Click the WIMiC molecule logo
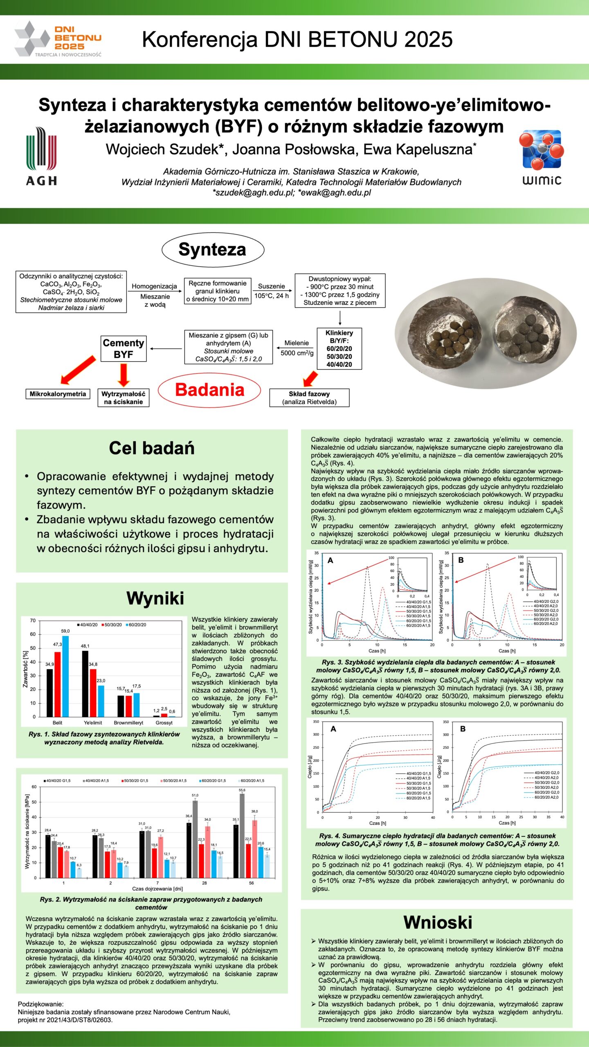coord(542,157)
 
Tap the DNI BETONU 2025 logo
coord(58,39)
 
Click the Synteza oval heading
coord(213,249)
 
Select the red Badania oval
coord(209,390)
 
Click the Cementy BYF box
coord(123,348)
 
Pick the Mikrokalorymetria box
coord(58,394)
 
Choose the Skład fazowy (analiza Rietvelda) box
coord(309,398)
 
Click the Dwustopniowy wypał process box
coord(340,291)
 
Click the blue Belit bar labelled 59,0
coord(65,676)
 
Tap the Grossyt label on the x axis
coord(164,723)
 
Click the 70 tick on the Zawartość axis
coord(33,620)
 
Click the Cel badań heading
coord(152,448)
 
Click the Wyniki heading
coord(155,598)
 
